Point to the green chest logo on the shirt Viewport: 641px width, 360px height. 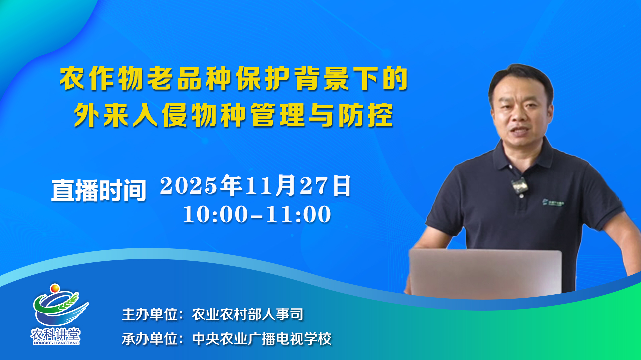coord(553,202)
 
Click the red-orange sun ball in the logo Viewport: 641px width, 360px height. coord(55,288)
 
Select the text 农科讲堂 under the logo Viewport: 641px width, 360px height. coord(56,334)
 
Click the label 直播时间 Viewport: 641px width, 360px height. coord(99,190)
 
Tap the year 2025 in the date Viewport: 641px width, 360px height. coord(189,186)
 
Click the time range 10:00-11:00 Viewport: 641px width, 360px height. coord(257,214)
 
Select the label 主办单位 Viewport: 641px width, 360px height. coord(150,314)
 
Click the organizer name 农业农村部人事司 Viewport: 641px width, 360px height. coord(248,314)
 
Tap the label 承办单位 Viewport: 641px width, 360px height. coord(150,339)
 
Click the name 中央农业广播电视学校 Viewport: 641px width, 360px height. coord(262,339)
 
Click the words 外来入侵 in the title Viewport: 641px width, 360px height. coord(131,115)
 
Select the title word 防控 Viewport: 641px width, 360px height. coord(366,115)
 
